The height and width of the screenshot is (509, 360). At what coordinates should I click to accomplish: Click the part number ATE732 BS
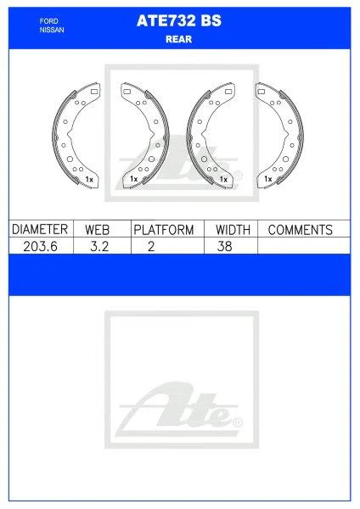point(179,20)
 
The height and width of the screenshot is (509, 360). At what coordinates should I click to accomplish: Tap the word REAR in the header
point(178,39)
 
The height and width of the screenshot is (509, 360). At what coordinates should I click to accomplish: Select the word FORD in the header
point(49,21)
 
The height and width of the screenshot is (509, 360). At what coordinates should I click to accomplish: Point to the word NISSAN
point(52,30)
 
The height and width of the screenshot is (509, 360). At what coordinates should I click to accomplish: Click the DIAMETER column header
point(40,229)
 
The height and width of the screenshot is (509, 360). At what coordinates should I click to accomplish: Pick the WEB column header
point(97,230)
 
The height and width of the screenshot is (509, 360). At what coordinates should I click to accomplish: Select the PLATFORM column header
point(164,230)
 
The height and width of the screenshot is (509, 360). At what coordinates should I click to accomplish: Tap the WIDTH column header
point(233,230)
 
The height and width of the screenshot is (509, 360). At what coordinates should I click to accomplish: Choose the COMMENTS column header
point(301,230)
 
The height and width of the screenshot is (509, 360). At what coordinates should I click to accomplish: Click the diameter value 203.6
point(40,246)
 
